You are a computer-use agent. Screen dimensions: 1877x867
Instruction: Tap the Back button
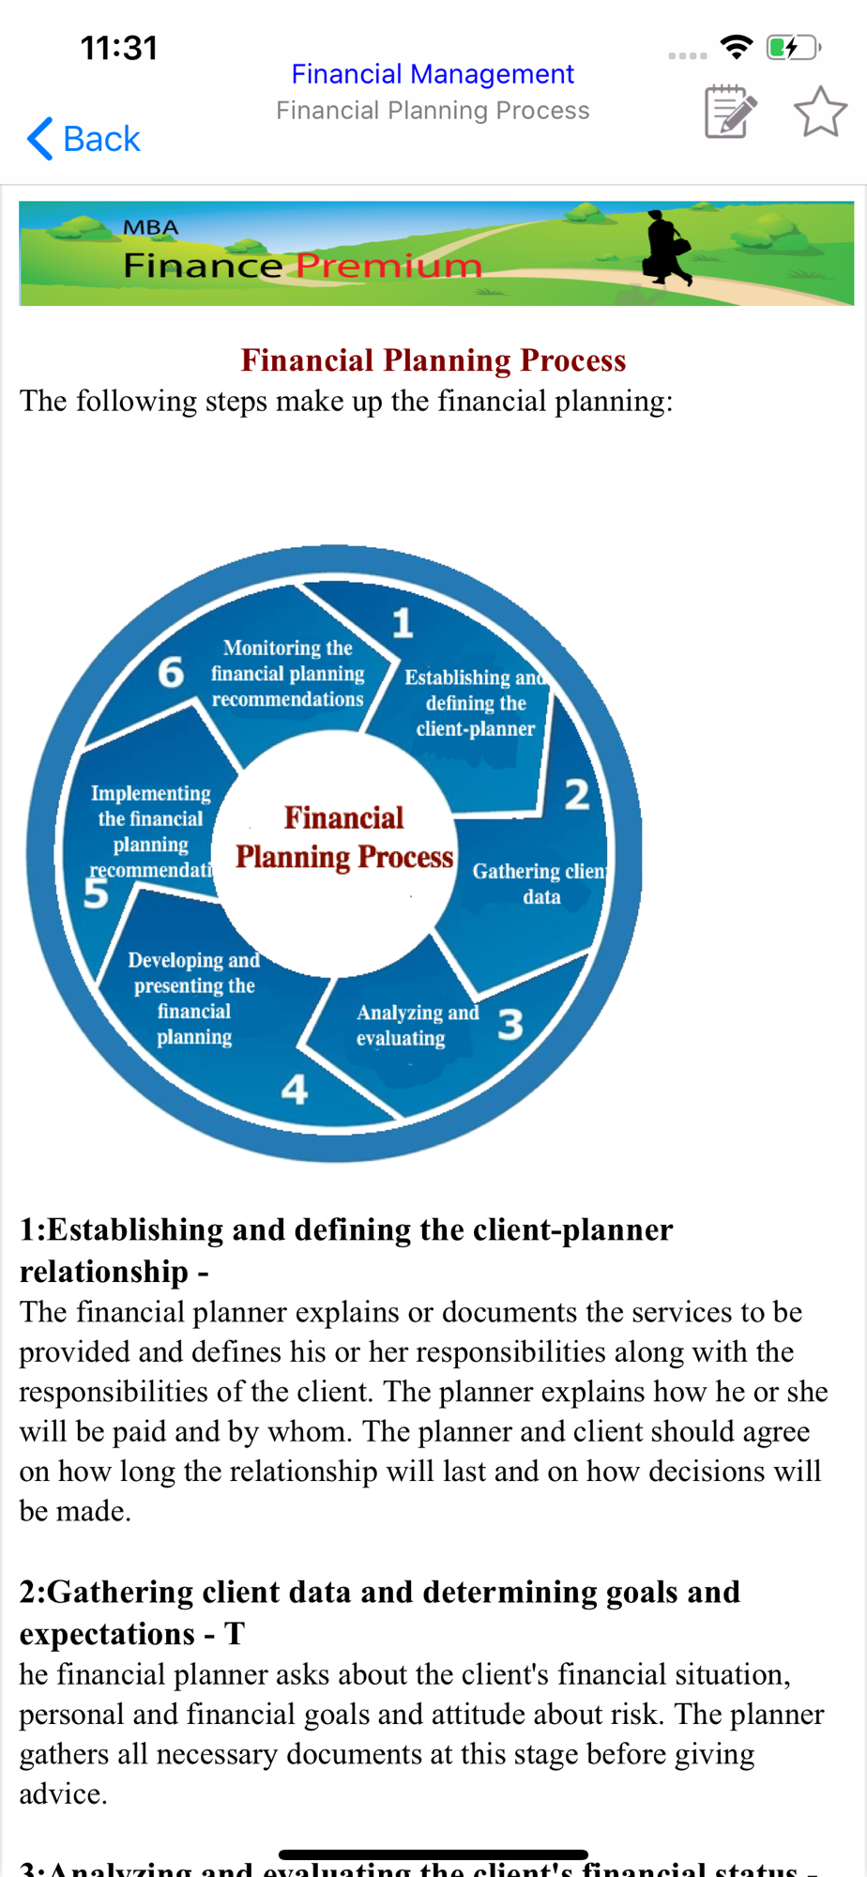84,139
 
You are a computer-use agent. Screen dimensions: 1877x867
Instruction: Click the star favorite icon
820,112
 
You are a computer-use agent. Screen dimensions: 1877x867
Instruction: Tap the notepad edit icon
730,112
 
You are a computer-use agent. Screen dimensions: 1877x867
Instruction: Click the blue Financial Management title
433,74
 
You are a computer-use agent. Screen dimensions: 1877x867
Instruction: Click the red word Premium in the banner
388,266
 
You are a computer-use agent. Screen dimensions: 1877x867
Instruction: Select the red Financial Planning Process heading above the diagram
433,360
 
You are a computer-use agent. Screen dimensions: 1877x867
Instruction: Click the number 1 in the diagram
403,623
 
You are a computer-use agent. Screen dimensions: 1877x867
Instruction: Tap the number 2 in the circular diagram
577,795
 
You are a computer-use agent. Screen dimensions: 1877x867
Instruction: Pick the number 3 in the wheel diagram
510,1024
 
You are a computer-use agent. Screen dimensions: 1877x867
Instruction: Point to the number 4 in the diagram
295,1090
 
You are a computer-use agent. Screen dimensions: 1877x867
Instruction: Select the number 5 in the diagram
96,893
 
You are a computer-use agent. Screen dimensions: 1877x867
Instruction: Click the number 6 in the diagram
171,672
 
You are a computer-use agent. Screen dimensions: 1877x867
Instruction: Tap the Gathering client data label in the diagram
540,883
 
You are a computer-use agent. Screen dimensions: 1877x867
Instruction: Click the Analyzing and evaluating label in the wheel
417,1025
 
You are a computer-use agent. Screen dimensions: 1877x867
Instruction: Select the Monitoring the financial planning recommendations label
287,673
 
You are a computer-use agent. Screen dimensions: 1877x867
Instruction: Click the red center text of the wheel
344,837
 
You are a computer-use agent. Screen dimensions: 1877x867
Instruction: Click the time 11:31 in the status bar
119,48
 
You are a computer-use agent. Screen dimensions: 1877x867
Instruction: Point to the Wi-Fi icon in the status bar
737,46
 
